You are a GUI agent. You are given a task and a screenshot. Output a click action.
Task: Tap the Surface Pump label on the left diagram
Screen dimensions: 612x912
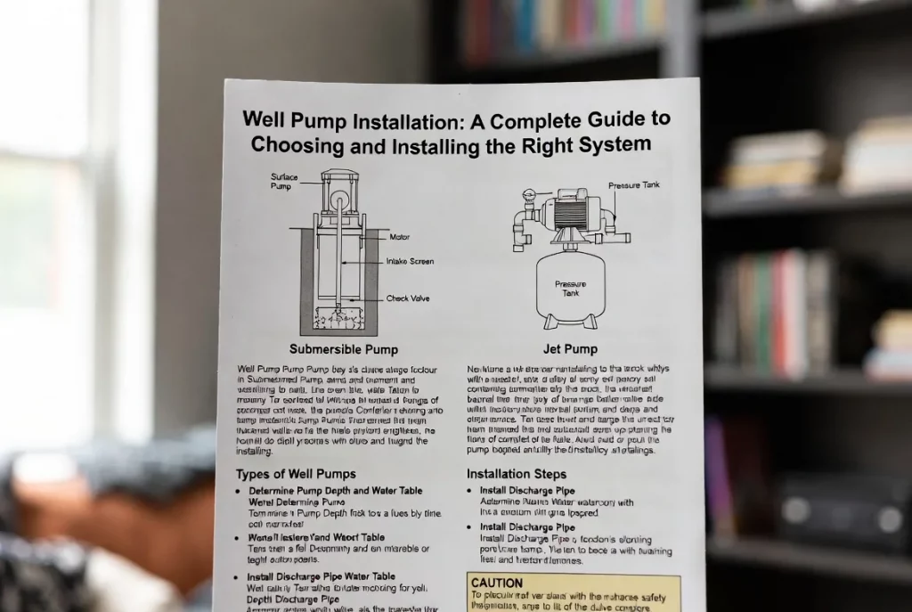[x=284, y=182]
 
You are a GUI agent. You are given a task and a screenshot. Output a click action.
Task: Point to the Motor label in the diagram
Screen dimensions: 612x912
[x=400, y=237]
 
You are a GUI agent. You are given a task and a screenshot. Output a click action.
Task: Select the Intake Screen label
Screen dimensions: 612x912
[x=408, y=261]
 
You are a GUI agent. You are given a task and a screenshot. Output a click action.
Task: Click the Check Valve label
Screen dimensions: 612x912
[x=408, y=298]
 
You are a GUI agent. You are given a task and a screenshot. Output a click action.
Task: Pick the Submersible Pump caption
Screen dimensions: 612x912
[x=343, y=348]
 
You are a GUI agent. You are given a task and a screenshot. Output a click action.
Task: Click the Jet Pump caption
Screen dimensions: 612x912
[x=569, y=348]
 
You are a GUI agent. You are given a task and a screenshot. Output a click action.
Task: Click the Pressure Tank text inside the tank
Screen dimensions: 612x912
[x=570, y=290]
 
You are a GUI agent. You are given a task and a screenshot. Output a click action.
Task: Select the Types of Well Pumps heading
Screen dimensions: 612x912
[x=296, y=473]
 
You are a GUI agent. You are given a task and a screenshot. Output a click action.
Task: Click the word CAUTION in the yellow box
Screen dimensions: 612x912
[x=497, y=583]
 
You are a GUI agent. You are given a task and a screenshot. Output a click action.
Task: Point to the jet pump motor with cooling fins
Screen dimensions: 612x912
[x=570, y=213]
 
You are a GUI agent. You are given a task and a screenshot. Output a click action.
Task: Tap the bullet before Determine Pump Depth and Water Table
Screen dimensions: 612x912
[x=238, y=492]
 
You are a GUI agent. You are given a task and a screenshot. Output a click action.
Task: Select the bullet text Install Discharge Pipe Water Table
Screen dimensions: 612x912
[x=322, y=576]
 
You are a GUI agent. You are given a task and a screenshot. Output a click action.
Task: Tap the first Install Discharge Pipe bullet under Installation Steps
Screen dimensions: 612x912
[x=527, y=491]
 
